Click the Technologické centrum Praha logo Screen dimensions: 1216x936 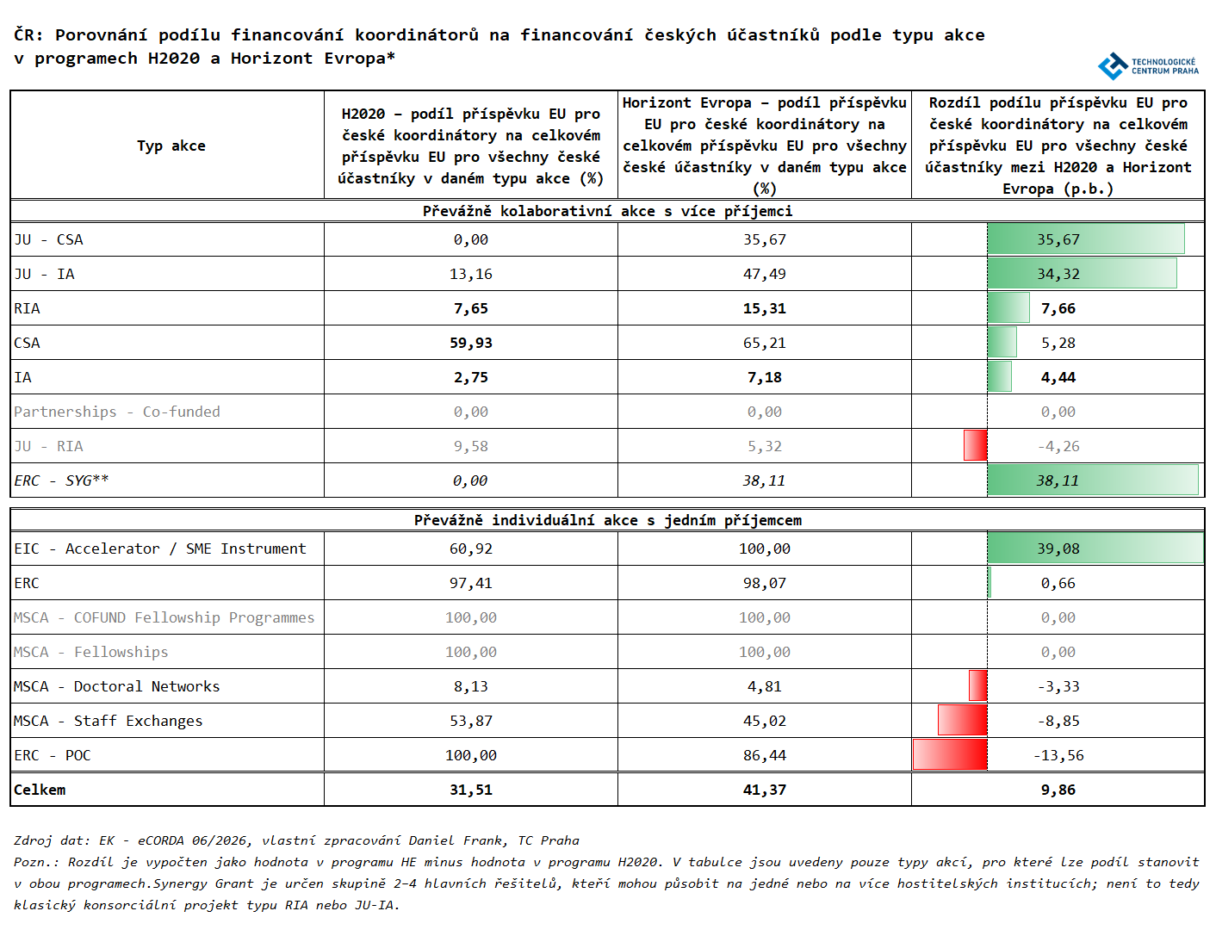(x=1148, y=66)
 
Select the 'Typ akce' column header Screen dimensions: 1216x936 (x=171, y=146)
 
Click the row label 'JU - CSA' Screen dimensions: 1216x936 (x=48, y=239)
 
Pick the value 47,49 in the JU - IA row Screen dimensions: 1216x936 (x=764, y=274)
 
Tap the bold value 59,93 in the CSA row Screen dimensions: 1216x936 (x=470, y=343)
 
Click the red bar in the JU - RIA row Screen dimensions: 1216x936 (x=976, y=445)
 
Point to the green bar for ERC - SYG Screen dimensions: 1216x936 (x=1093, y=480)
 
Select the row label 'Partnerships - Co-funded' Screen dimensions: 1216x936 (x=117, y=412)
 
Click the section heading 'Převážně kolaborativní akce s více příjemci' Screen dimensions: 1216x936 (x=607, y=212)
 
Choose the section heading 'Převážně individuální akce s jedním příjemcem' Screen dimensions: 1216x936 (x=607, y=520)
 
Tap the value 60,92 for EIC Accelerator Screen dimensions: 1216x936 (x=470, y=549)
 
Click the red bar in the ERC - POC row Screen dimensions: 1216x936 (x=950, y=754)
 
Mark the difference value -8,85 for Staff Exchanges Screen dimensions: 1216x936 (x=1058, y=722)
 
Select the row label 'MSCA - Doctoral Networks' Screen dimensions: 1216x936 (x=117, y=686)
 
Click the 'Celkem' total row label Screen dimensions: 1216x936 (x=40, y=790)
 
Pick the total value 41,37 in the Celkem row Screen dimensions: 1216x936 (x=764, y=790)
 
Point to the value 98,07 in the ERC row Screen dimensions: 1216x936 (x=764, y=584)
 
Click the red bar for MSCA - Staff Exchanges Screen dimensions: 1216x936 (x=963, y=720)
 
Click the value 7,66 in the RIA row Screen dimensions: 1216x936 (x=1058, y=309)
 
